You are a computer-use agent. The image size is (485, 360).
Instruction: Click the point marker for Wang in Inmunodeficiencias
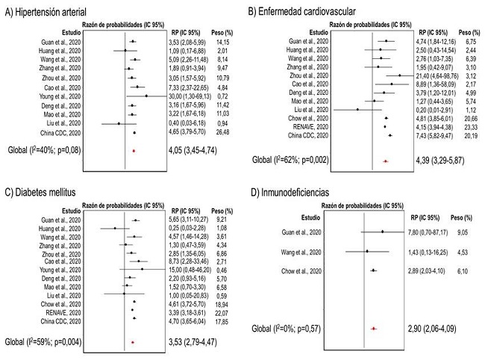click(366, 251)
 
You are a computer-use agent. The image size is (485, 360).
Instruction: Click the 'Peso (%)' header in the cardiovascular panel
click(469, 32)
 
